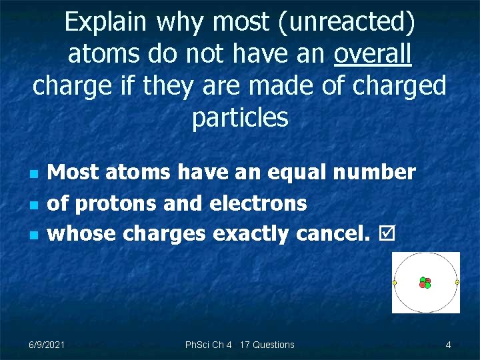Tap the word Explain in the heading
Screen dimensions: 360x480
tap(105, 23)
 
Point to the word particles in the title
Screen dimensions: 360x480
tap(240, 118)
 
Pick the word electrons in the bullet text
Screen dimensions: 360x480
tap(258, 203)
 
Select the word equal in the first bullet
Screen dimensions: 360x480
tap(297, 173)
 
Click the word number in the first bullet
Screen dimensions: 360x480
tap(374, 173)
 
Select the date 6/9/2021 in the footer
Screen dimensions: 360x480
tap(47, 345)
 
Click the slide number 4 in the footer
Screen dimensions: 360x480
tap(448, 345)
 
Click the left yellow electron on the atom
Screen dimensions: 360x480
tap(395, 283)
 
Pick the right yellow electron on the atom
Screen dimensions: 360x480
tap(457, 282)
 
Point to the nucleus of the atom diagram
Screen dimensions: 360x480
tap(425, 283)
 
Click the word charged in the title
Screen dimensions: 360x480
tap(396, 87)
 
